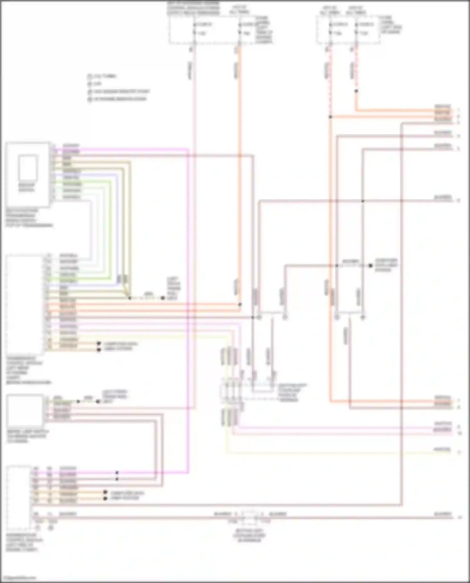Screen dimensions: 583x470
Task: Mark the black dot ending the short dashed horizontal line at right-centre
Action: pyautogui.click(x=370, y=266)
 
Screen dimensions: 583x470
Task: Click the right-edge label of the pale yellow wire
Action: pyautogui.click(x=442, y=449)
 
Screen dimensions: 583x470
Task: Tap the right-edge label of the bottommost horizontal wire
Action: pyautogui.click(x=442, y=514)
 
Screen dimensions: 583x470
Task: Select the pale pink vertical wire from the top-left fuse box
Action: pyautogui.click(x=194, y=219)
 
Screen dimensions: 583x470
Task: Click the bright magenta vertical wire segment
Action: pyautogui.click(x=188, y=313)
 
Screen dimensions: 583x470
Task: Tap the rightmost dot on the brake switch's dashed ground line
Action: pyautogui.click(x=98, y=401)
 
